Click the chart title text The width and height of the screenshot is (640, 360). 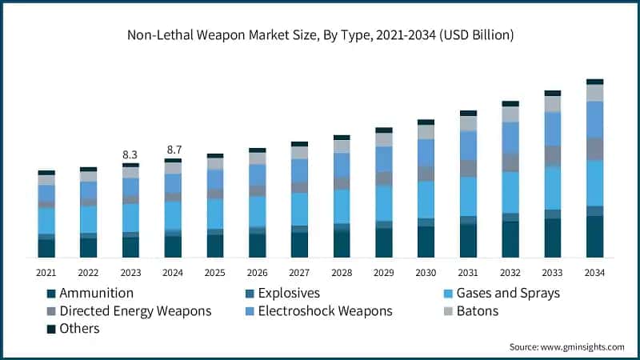[320, 35]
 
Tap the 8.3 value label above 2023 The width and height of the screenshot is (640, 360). [130, 154]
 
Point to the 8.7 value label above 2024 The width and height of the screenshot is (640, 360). [173, 150]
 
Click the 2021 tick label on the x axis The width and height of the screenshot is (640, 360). [46, 273]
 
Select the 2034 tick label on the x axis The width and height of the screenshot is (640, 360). [594, 273]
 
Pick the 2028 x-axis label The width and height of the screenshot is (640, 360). [342, 273]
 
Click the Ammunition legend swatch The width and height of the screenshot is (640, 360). [51, 294]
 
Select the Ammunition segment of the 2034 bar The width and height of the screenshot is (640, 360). [594, 237]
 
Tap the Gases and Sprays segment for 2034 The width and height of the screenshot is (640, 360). [594, 183]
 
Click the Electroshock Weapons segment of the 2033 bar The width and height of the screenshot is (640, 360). [552, 128]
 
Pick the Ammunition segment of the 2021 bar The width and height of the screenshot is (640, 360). [46, 248]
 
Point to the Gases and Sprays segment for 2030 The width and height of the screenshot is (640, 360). [426, 199]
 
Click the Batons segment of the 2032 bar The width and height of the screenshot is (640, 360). [510, 114]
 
